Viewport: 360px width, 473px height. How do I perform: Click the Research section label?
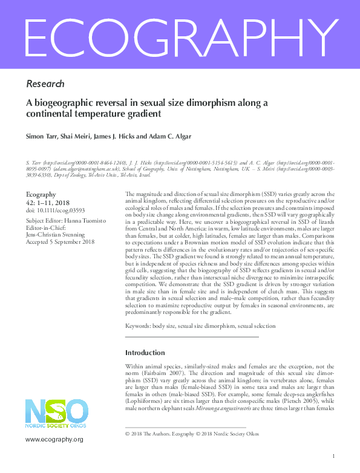45,83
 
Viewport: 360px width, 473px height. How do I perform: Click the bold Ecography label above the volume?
41,194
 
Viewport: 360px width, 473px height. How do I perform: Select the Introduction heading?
145,353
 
